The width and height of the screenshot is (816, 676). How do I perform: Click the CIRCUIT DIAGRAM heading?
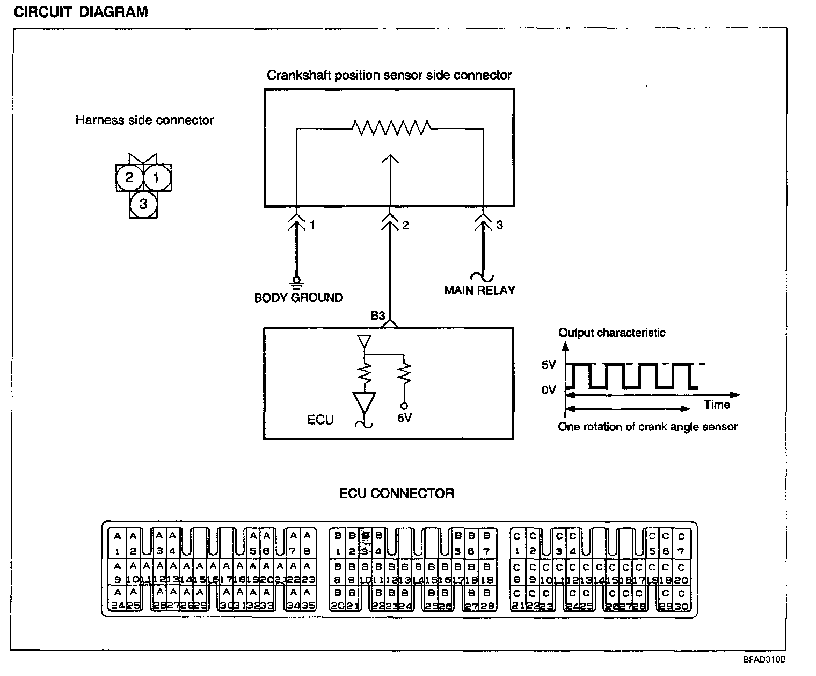click(x=81, y=12)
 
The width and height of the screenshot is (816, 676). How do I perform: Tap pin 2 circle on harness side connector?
click(x=129, y=177)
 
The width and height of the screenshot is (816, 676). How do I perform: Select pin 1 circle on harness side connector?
click(x=157, y=177)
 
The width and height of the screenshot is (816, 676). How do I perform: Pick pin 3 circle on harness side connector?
click(x=143, y=204)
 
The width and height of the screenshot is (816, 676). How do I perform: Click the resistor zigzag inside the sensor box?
click(x=391, y=128)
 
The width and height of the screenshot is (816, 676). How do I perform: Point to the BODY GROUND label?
click(x=298, y=298)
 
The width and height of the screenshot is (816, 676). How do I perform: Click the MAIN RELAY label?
click(x=479, y=290)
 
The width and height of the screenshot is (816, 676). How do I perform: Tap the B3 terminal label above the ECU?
click(x=378, y=316)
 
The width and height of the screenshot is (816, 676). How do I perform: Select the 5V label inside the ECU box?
click(x=405, y=418)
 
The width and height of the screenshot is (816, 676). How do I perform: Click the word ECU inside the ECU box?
click(x=320, y=420)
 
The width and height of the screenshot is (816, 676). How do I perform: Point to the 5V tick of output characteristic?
click(x=549, y=365)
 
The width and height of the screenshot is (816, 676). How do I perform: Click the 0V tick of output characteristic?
click(x=549, y=390)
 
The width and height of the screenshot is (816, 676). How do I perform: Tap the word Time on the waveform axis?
click(x=717, y=405)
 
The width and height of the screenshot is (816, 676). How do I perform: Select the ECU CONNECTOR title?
click(x=397, y=493)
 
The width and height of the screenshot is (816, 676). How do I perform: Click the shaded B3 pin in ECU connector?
click(x=365, y=543)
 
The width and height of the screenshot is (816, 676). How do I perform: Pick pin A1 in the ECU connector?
click(x=117, y=543)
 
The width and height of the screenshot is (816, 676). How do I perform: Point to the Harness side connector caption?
click(x=144, y=120)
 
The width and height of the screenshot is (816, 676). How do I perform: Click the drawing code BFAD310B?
click(x=765, y=659)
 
